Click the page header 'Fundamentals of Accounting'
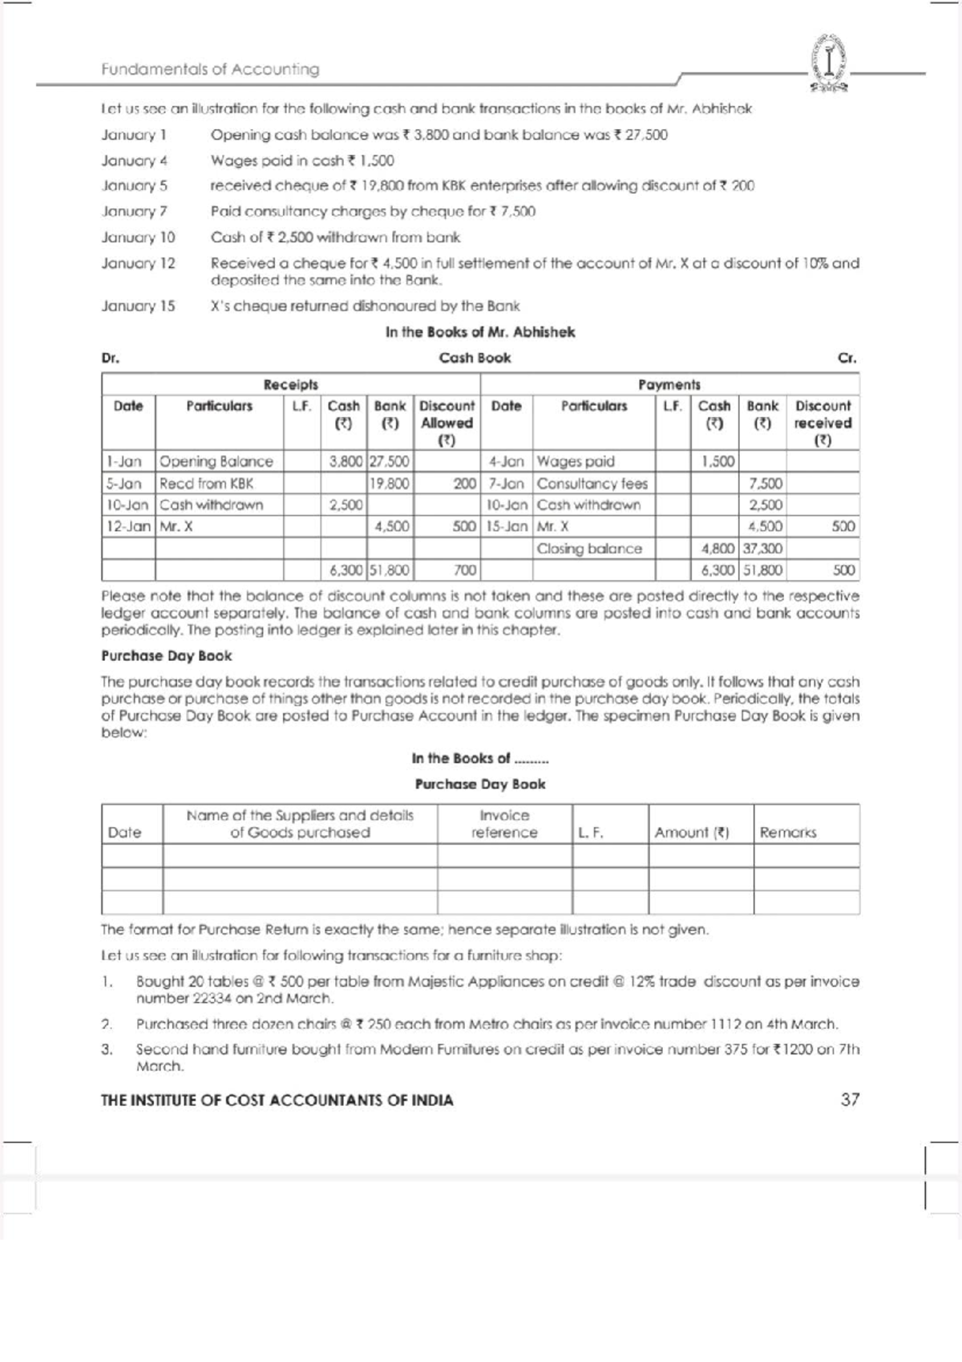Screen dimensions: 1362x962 (210, 69)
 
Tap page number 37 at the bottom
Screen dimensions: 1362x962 (850, 1100)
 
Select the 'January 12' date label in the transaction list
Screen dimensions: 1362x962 (138, 263)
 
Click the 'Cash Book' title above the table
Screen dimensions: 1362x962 (475, 358)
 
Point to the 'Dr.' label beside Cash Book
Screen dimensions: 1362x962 (110, 359)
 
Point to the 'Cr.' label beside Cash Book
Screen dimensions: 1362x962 (847, 359)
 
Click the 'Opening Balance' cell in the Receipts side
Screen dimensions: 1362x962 (216, 461)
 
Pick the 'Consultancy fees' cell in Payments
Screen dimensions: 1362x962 (592, 484)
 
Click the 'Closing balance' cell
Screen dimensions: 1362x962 (589, 549)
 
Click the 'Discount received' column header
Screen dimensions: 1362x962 (823, 423)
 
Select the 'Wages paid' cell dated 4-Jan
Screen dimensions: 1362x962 (576, 461)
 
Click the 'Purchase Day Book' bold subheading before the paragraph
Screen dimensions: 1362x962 (167, 655)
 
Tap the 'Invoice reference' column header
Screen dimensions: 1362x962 (504, 824)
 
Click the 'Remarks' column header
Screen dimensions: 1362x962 (787, 833)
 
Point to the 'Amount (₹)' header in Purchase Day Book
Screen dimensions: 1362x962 (691, 833)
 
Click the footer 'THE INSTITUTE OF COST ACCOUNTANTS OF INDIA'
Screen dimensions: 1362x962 (277, 1101)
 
